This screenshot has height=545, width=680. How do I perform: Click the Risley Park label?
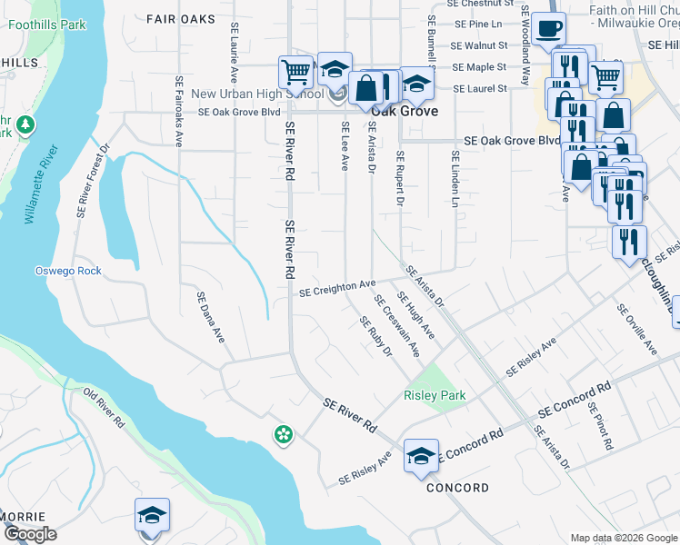(435, 395)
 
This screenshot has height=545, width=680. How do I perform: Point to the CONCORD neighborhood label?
(458, 488)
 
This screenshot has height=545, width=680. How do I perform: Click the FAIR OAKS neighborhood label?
(180, 19)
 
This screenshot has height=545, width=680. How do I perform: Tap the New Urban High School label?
(257, 94)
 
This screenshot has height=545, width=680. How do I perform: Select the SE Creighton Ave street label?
(337, 288)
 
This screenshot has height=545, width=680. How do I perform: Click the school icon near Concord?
(421, 455)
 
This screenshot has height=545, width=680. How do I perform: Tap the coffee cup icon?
(548, 29)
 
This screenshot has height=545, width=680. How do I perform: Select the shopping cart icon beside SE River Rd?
(295, 71)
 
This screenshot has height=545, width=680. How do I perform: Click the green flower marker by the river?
(284, 435)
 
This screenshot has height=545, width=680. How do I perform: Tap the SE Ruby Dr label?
(375, 336)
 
